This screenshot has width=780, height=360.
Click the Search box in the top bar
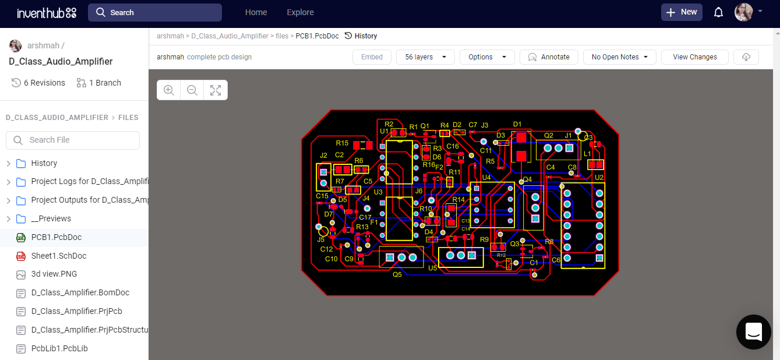coord(154,12)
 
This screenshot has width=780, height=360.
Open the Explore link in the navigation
coord(300,12)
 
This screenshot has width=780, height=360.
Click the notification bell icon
coord(718,12)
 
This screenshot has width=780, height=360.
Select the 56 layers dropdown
coord(425,57)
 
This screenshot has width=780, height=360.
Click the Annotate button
coord(548,57)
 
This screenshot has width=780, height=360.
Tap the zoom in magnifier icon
coord(169,90)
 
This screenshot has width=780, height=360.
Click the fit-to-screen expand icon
coord(216,90)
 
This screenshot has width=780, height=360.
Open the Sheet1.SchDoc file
coord(58,256)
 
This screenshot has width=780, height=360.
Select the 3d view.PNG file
coord(54,274)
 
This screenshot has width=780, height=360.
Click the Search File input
coord(73,140)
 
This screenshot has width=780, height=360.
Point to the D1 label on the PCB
coord(517,124)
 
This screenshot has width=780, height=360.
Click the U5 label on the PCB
coord(432,268)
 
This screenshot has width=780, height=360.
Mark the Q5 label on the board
coord(397,274)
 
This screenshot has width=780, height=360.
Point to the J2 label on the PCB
coord(323,156)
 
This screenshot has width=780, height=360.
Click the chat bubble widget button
coord(753,332)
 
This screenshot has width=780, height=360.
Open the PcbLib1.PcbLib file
coord(59,348)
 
